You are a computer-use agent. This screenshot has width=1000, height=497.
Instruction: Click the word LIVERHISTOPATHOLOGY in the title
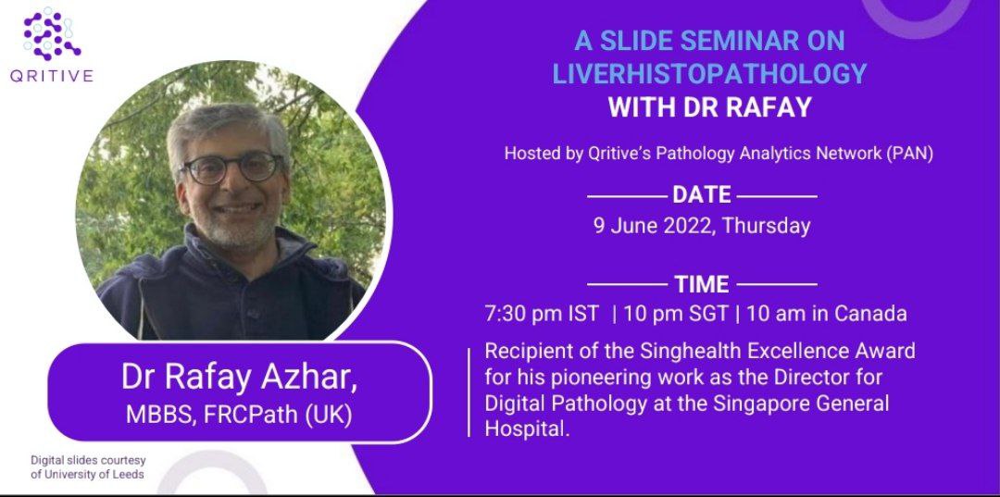coord(709,74)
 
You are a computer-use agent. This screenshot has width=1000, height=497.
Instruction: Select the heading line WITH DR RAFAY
coord(709,107)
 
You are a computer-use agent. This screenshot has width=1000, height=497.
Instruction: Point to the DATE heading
coord(702,195)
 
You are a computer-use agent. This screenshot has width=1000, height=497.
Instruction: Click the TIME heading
coord(702,284)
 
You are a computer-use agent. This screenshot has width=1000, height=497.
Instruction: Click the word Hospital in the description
coord(525,431)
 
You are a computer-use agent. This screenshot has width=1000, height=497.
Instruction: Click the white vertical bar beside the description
coord(469,390)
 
